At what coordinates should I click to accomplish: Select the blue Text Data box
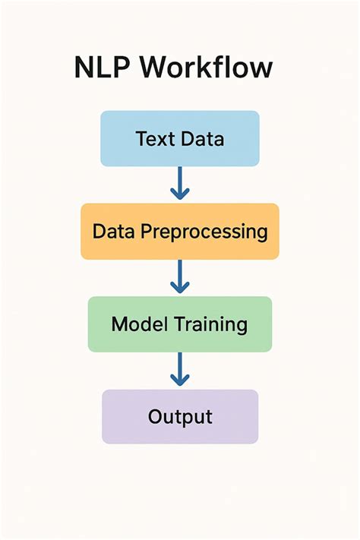coord(180,138)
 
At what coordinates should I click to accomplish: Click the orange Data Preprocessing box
coord(180,231)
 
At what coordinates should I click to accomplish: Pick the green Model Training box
coord(180,324)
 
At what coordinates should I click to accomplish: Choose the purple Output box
coord(180,416)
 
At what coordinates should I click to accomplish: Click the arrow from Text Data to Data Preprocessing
coord(180,184)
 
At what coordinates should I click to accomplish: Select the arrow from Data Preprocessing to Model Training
coord(180,276)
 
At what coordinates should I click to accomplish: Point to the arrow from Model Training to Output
coord(180,370)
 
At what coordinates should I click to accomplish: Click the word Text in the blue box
coord(153,139)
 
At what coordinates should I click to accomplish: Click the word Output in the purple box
coord(180,417)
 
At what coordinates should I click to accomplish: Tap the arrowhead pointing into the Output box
coord(180,380)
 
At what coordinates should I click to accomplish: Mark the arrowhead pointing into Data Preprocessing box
coord(180,194)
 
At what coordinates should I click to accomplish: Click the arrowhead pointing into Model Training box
coord(180,287)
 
